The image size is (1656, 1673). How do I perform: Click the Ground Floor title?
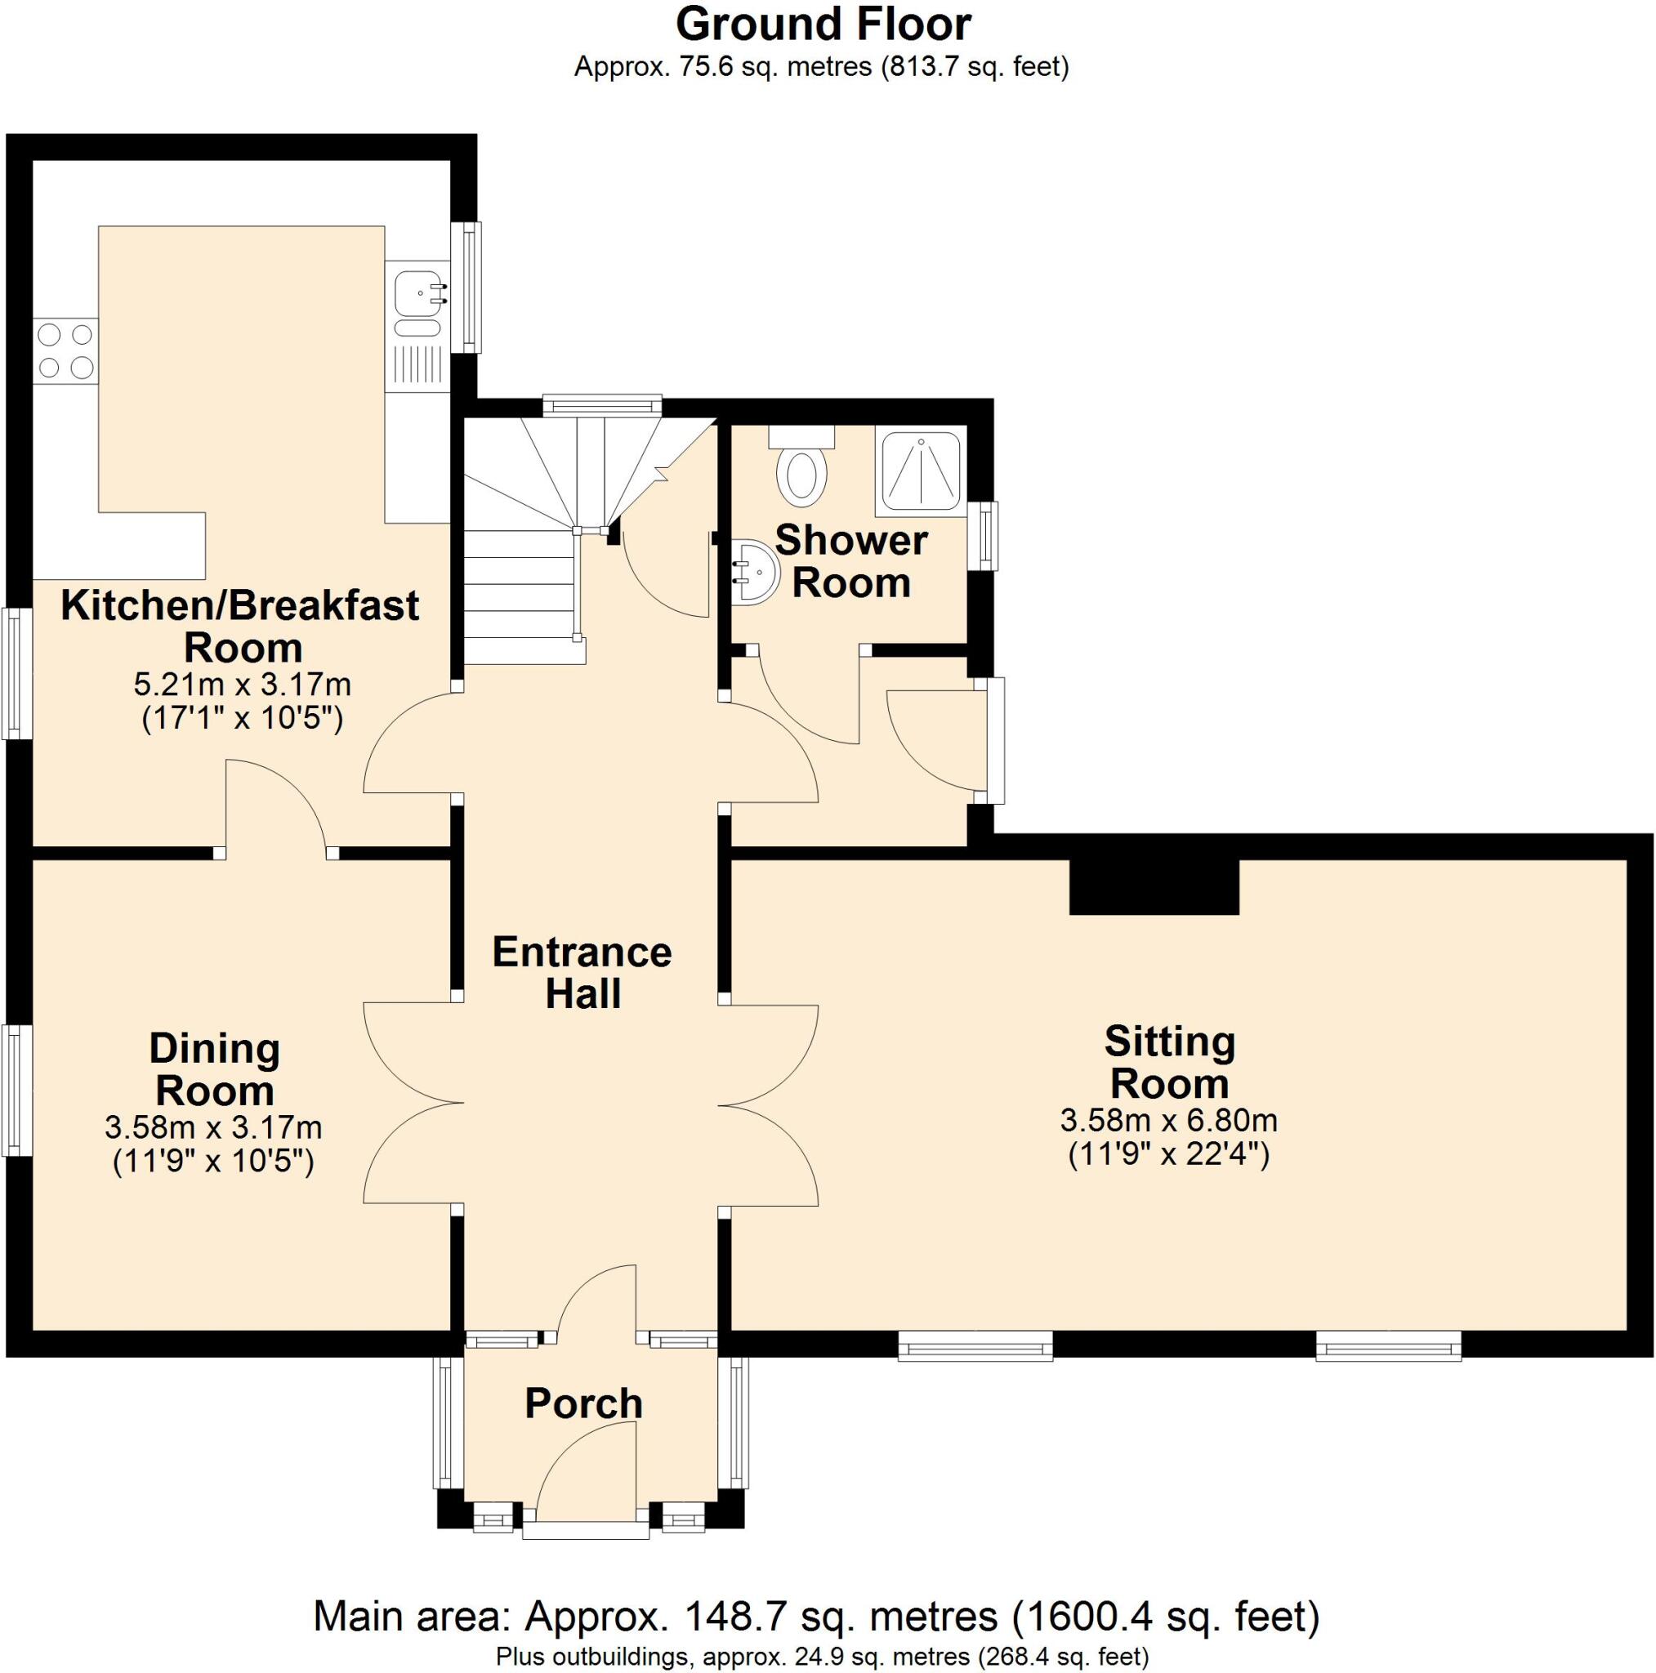(x=823, y=25)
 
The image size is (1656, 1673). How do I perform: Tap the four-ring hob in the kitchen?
(x=66, y=350)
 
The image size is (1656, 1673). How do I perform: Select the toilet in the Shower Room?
(x=801, y=473)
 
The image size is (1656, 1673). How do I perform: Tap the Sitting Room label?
(x=1169, y=1063)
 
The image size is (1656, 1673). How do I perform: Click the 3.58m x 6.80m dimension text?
(x=1169, y=1122)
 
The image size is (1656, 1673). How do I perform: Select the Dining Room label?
(x=215, y=1069)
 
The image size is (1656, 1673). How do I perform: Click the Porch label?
(x=584, y=1403)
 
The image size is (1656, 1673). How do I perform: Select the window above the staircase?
(x=603, y=404)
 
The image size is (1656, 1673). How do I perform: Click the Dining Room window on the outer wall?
(x=13, y=1090)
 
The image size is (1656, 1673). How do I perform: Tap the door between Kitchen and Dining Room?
(x=275, y=805)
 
